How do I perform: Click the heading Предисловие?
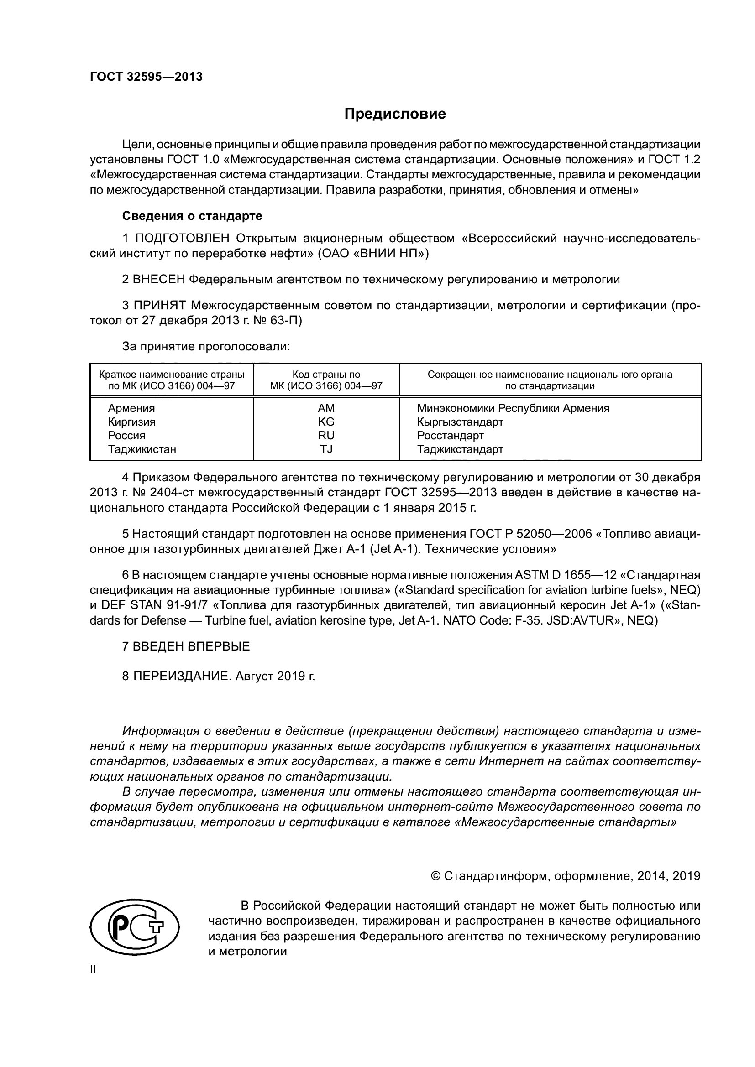click(395, 114)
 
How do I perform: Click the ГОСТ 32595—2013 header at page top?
click(146, 77)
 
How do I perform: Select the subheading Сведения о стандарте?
click(192, 216)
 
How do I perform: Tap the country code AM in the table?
click(326, 408)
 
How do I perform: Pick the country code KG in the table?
click(326, 422)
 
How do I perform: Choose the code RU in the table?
click(326, 436)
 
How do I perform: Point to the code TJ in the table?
click(326, 449)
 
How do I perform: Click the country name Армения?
click(131, 408)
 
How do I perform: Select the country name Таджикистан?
click(142, 449)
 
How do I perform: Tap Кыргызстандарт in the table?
click(460, 422)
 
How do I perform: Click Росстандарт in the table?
click(450, 436)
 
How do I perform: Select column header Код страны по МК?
click(326, 380)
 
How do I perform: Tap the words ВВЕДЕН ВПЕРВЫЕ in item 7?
click(191, 646)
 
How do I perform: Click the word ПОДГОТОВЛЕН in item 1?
click(182, 239)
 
